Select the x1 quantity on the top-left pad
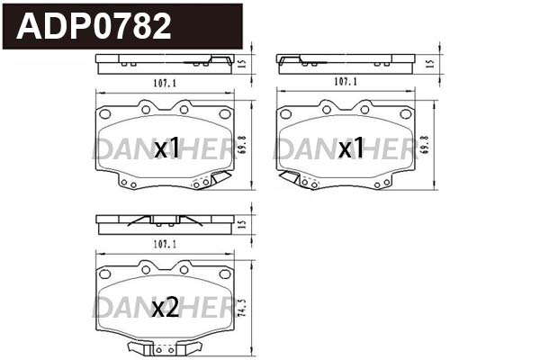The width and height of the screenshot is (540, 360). (166, 148)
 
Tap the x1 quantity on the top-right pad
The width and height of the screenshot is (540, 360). (350, 148)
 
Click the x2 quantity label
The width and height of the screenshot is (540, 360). (166, 309)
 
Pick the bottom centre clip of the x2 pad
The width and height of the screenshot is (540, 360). (164, 348)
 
